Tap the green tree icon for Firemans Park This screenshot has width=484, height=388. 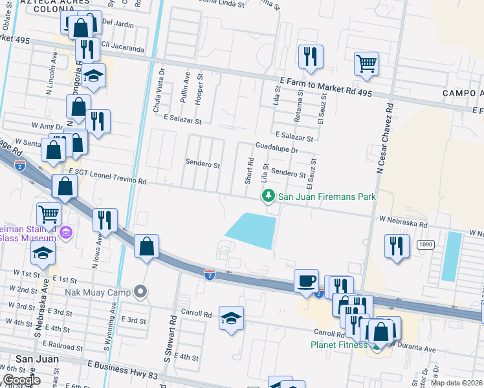click(x=266, y=196)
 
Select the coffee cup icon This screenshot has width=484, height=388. click(x=306, y=281)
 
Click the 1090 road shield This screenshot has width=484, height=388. click(x=425, y=244)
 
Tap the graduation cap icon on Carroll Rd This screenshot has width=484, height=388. click(x=231, y=318)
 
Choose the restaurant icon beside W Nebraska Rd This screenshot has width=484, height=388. click(x=397, y=246)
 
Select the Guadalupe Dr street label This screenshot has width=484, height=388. click(x=276, y=148)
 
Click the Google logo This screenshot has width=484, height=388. click(x=22, y=380)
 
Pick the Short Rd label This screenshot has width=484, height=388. click(x=249, y=170)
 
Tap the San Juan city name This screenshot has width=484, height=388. click(x=37, y=359)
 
